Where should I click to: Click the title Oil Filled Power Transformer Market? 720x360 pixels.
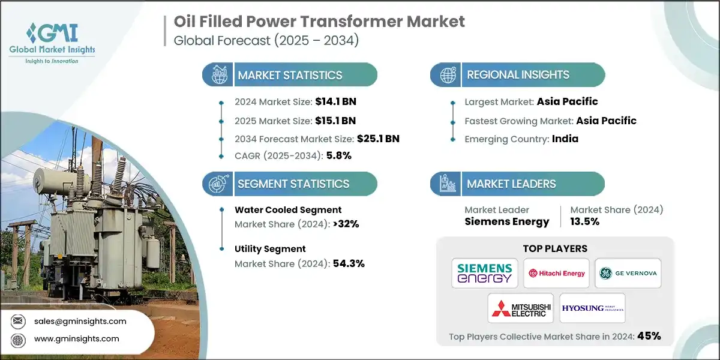tap(319, 22)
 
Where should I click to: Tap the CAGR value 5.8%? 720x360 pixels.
tap(338, 156)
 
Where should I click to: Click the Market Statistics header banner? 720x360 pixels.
tap(290, 75)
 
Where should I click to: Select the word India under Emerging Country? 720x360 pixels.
tap(565, 139)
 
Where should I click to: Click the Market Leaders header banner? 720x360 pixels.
tap(517, 184)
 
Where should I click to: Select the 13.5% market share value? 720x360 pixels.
tap(584, 221)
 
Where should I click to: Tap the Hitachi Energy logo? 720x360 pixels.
tap(556, 273)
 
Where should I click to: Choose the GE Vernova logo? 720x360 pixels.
tap(628, 273)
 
